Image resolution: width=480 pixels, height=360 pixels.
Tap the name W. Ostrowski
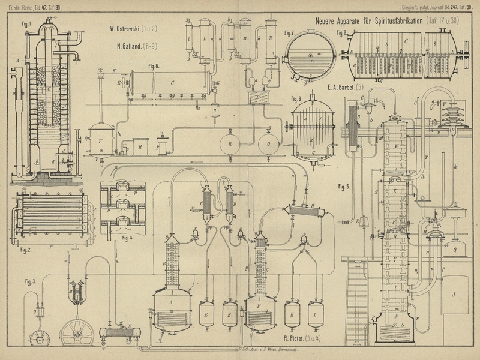coord(129,29)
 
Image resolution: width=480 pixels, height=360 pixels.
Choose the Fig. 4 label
coord(128,238)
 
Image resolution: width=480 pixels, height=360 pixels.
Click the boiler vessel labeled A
coord(172,307)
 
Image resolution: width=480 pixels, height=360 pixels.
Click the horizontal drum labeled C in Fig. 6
coord(170,82)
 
